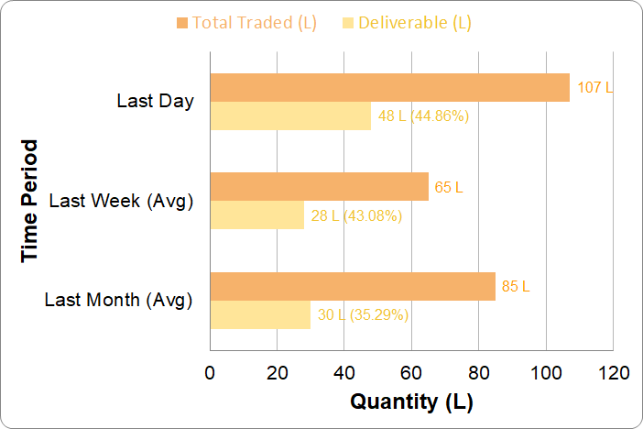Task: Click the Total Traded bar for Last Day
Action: [389, 87]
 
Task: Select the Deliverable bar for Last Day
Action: [290, 116]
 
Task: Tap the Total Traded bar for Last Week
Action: [319, 187]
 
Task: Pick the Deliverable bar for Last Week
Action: [256, 215]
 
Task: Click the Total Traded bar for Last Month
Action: [353, 286]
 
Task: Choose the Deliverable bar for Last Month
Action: [260, 314]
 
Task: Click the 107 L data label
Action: [595, 88]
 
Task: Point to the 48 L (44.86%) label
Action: [424, 116]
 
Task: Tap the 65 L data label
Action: [449, 187]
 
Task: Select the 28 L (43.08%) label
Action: [356, 216]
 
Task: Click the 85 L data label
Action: [516, 286]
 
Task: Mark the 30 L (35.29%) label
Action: [363, 315]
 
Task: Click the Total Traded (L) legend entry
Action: [245, 23]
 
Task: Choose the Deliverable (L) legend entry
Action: [406, 23]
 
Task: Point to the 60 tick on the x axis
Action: [411, 373]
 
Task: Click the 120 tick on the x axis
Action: [613, 373]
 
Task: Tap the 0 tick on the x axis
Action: [211, 373]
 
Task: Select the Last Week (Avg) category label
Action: [121, 201]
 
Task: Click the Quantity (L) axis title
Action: [411, 401]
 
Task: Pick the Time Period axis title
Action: [31, 201]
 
